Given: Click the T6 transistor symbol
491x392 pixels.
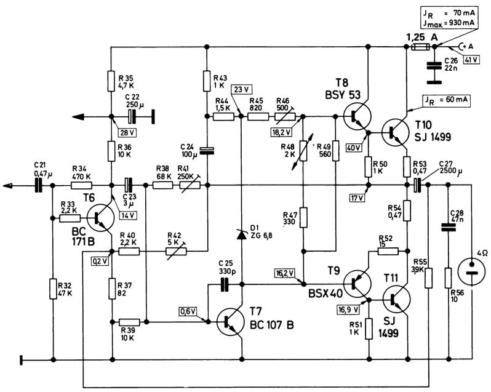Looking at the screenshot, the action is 100,218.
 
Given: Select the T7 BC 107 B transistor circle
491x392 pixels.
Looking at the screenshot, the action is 231,322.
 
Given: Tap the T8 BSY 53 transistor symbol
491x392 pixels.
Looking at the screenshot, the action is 357,116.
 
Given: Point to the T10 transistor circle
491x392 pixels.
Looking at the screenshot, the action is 396,132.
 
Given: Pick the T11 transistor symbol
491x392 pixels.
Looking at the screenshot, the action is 396,299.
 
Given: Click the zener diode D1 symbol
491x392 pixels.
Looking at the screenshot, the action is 241,234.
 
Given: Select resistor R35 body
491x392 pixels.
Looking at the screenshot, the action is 111,81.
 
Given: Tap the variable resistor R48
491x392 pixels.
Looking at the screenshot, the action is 303,151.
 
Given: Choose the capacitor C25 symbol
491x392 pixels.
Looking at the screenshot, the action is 225,284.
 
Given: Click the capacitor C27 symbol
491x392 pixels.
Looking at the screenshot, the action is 417,185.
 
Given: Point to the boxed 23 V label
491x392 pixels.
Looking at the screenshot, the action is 241,90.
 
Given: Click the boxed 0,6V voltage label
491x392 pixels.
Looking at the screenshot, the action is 188,311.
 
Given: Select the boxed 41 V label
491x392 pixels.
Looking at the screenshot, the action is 471,59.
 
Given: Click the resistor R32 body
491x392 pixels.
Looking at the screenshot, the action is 54,289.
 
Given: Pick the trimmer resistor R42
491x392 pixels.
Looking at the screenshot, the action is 177,251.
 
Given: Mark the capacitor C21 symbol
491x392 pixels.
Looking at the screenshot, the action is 39,185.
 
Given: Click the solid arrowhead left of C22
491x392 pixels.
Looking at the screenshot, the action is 78,117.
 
